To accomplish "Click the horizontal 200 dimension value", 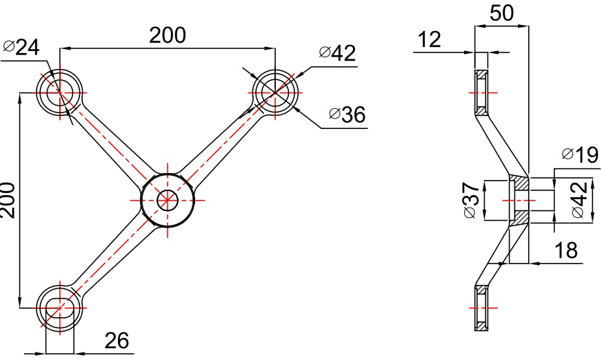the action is click(x=167, y=35).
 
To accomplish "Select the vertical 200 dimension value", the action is click(x=8, y=200).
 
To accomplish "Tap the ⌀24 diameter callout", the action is click(x=21, y=47).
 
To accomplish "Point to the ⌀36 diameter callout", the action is click(x=348, y=114).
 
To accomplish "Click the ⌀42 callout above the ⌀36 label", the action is click(x=337, y=53).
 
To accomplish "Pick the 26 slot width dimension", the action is click(x=117, y=340).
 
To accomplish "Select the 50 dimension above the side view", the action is click(x=501, y=12).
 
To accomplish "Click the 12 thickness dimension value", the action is click(x=429, y=39).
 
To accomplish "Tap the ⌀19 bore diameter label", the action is click(x=580, y=154).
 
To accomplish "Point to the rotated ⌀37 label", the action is click(x=472, y=200).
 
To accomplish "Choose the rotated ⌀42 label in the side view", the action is click(x=580, y=199).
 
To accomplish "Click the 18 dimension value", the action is click(x=566, y=250).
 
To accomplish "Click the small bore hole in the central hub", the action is click(x=168, y=200).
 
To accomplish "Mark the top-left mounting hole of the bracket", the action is click(x=59, y=92).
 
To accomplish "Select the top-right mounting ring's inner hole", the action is click(x=275, y=92).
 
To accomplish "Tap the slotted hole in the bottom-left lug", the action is click(x=59, y=308).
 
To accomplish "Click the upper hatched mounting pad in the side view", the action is click(x=481, y=93).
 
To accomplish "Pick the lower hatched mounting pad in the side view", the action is click(x=481, y=308).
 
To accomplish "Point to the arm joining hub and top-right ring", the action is click(x=221, y=146).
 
